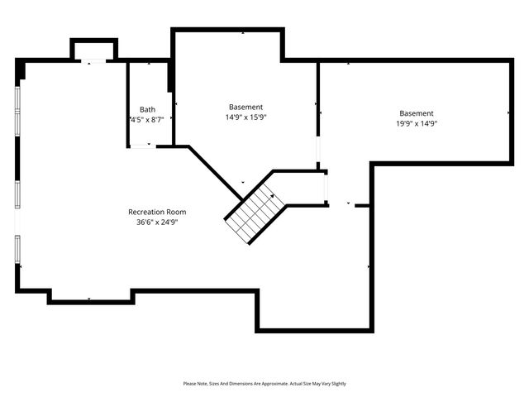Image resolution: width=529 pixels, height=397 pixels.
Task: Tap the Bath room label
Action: point(147,109)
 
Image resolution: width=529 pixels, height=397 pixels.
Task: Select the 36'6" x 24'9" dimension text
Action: point(157,222)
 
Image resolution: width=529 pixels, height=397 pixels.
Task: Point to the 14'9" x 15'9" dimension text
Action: point(245,117)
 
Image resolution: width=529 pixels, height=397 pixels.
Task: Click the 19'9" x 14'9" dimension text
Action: point(416,123)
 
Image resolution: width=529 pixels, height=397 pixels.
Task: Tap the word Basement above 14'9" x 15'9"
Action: point(245,107)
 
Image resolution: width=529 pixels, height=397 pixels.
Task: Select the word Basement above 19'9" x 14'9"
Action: point(416,113)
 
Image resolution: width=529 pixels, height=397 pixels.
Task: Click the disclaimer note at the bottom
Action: point(264,384)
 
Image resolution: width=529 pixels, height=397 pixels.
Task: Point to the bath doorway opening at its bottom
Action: point(142,147)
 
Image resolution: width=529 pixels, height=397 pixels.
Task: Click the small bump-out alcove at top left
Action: point(93,50)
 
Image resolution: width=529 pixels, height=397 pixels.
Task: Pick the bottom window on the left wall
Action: point(17,250)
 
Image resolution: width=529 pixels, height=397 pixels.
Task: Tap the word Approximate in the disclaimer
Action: point(274,384)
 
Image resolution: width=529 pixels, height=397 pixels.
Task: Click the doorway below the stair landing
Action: point(326,189)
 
